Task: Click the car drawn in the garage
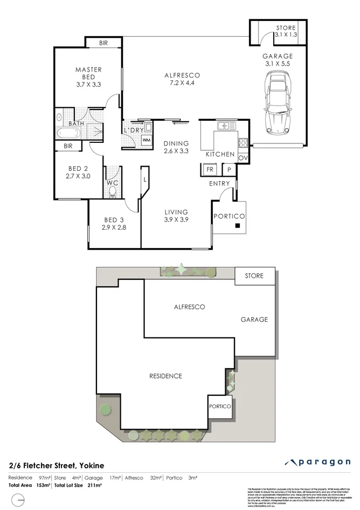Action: point(278,104)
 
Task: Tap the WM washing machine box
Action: point(146,140)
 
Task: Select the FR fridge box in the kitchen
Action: point(209,169)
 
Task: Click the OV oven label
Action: point(243,157)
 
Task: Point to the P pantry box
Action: point(229,169)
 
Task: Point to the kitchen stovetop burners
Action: point(243,143)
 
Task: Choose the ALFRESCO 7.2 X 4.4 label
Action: point(182,80)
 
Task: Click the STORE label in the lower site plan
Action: point(254,276)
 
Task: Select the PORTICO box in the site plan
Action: point(220,406)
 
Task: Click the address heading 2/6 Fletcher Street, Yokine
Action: point(56,465)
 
